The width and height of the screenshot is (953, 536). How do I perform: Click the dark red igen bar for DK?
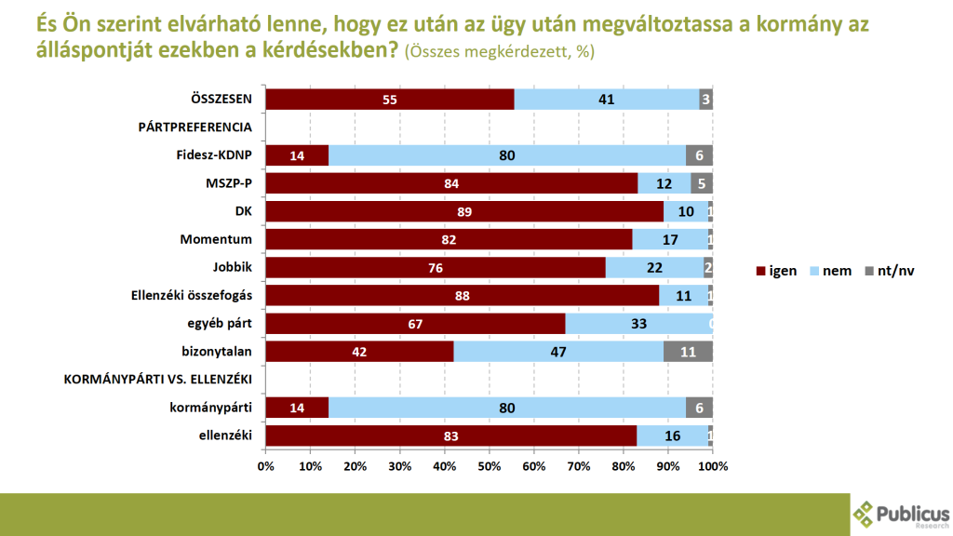464,211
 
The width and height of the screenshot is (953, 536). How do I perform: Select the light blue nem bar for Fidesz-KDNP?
507,155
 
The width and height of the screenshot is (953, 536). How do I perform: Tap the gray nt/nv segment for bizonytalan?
688,351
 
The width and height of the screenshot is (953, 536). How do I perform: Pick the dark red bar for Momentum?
449,239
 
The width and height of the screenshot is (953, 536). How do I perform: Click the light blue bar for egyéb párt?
638,323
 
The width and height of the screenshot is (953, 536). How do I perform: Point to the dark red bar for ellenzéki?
450,435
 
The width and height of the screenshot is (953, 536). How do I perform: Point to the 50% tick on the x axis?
489,465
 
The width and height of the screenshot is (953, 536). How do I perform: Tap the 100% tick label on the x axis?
712,465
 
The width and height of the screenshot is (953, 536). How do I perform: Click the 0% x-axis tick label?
265,465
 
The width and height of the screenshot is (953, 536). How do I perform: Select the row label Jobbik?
233,267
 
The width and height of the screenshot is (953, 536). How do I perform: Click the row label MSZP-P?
228,183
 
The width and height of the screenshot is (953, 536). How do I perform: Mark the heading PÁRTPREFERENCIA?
195,127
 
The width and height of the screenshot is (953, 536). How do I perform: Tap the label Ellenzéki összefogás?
193,295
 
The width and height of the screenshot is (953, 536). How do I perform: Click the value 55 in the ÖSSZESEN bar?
389,100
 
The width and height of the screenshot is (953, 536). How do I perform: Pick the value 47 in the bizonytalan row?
558,351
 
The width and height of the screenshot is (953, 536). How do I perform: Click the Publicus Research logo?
901,514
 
